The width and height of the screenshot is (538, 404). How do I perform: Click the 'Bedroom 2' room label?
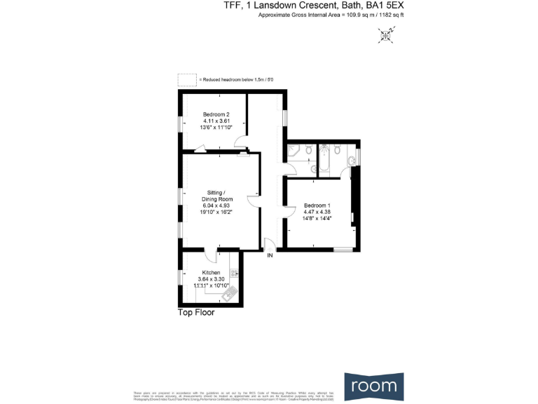coord(216,114)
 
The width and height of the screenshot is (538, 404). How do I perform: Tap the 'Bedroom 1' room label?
coord(317,206)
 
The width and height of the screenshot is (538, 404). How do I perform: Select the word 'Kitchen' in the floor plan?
coord(211,272)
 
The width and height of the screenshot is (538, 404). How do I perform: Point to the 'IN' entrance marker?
coord(270,256)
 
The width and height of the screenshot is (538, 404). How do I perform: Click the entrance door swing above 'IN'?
coord(268,244)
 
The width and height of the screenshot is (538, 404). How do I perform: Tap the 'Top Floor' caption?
coord(195,313)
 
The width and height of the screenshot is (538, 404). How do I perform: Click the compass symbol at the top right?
coord(385,34)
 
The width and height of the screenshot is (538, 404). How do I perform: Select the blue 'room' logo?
coord(374,385)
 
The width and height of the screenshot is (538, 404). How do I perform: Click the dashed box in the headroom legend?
coord(186,79)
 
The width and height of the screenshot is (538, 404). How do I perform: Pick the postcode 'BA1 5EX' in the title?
coord(385,6)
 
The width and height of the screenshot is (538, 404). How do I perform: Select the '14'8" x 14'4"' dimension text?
coord(317,218)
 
